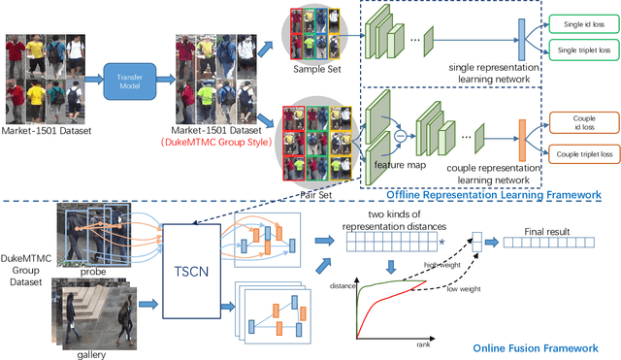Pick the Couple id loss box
578,124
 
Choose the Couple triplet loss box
578,153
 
